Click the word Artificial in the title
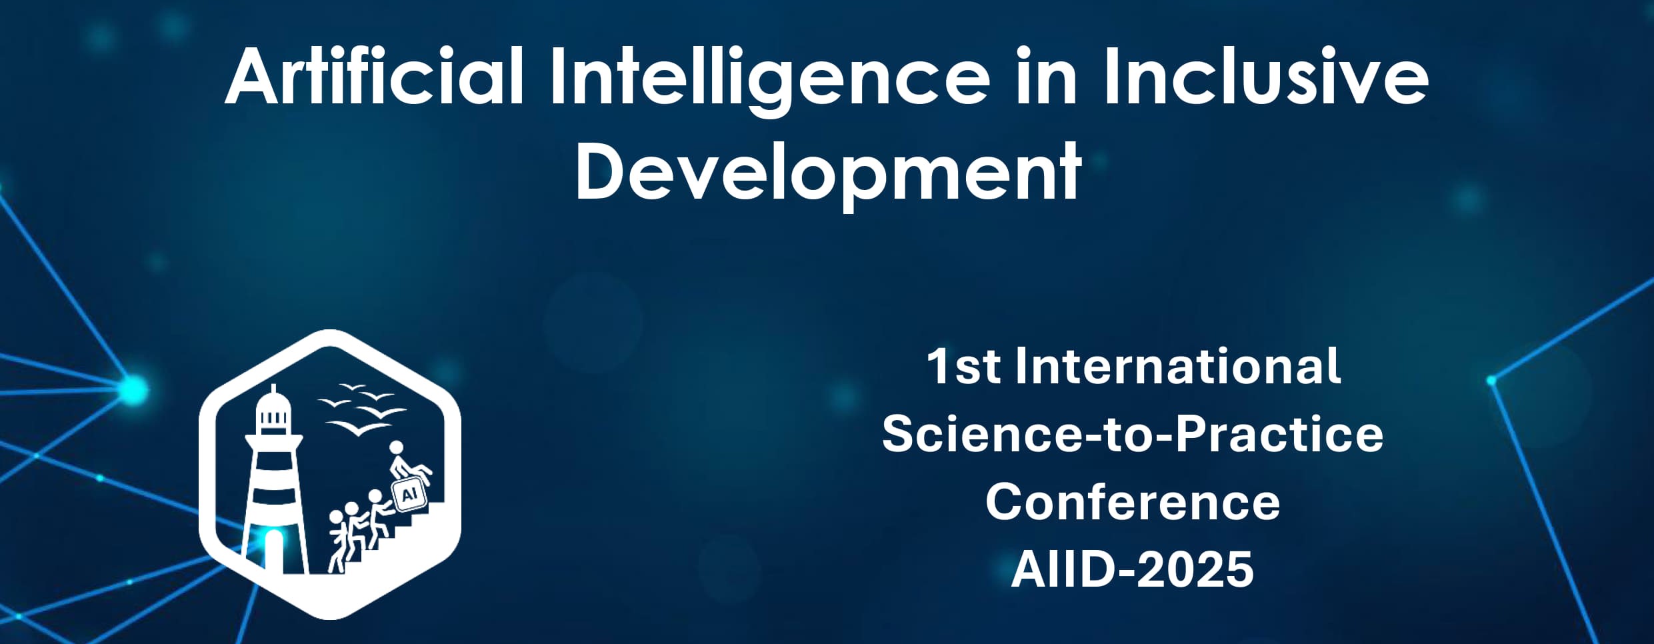(x=375, y=77)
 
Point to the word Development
(x=828, y=172)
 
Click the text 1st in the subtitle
(x=963, y=367)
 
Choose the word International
(x=1177, y=366)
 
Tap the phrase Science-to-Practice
(x=1133, y=434)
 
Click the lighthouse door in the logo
(x=273, y=551)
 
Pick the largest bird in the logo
(x=358, y=427)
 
